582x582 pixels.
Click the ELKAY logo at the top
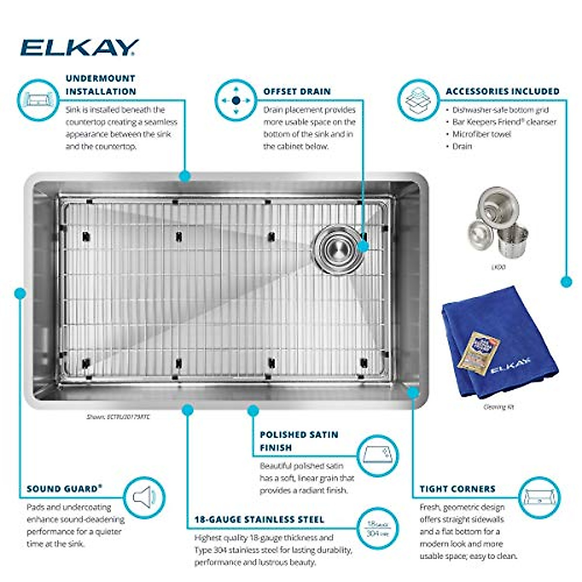tap(80, 48)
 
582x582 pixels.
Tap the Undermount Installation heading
tap(101, 85)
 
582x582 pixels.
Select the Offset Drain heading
tap(297, 91)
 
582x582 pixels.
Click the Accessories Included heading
tap(502, 91)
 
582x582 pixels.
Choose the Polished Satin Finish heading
tap(299, 441)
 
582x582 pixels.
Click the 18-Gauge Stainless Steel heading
tap(259, 519)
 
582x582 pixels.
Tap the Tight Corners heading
tap(457, 489)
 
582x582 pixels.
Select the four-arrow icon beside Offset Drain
tap(236, 100)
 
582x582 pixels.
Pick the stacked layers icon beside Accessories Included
tap(418, 100)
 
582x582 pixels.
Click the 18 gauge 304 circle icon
tap(377, 528)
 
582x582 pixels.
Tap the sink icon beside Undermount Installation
tap(38, 100)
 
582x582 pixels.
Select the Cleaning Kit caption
tap(498, 407)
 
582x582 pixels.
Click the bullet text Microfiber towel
tap(481, 134)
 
